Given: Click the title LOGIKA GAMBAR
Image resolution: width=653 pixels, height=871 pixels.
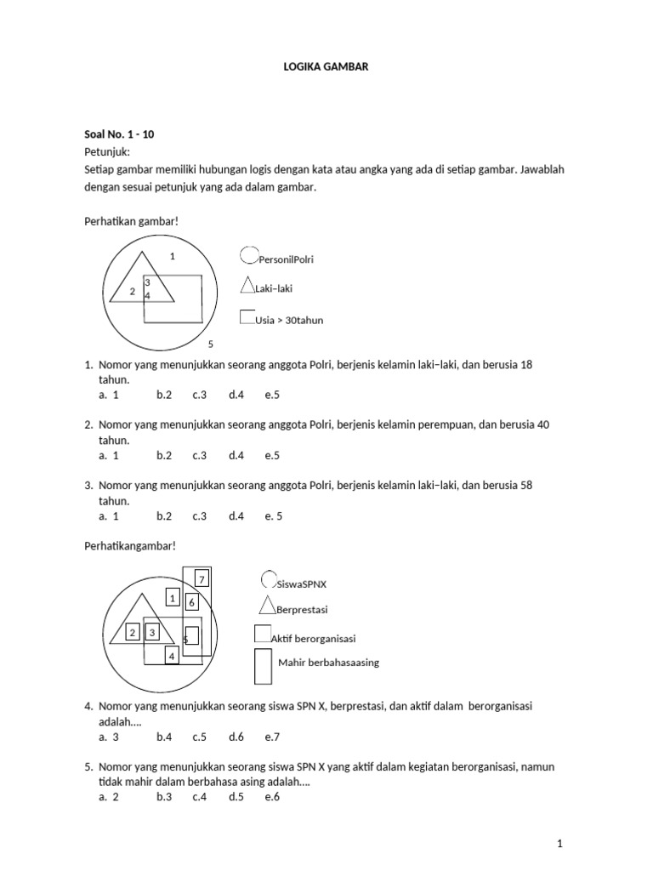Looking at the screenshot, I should pos(326,66).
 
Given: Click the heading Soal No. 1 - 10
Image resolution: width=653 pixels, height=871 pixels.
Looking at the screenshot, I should pos(119,134).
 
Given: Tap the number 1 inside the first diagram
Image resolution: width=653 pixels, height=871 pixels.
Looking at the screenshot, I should pos(172,256).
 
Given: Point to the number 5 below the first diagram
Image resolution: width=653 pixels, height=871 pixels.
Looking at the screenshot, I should pos(211,344).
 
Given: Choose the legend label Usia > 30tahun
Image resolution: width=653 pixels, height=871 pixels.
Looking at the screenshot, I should pos(289,321).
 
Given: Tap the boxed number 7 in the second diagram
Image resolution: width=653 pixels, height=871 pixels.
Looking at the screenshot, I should pos(202,580).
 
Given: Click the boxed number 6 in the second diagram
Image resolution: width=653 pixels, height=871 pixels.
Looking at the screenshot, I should pos(192,602).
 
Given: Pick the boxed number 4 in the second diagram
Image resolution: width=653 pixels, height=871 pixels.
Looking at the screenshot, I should pos(171,656).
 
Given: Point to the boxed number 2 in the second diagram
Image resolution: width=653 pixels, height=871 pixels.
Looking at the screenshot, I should pos(133,632).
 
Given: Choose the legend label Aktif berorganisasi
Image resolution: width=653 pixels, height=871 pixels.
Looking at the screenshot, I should pos(313,639).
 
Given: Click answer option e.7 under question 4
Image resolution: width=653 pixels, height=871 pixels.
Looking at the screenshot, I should pos(272,737).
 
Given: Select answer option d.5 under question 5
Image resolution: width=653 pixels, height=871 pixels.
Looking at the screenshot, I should pos(236,797).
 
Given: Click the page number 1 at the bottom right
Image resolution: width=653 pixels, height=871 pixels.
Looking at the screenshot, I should pos(559,843).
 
